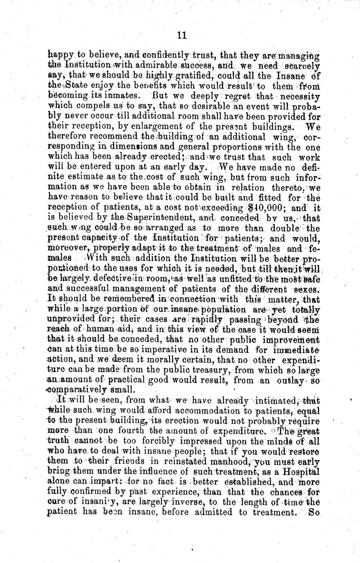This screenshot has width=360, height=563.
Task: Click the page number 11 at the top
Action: (182, 36)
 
